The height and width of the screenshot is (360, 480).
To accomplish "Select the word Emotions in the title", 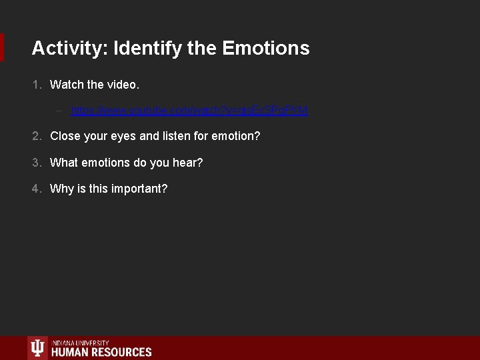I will (x=266, y=49).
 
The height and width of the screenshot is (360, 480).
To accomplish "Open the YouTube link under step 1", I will (x=189, y=110).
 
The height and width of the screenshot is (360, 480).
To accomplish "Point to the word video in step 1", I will (x=123, y=85).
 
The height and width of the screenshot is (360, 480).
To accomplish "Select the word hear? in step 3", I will (x=188, y=163).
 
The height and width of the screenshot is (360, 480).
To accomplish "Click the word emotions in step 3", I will (x=109, y=163).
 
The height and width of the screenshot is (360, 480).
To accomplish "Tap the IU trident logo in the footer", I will (x=37, y=348).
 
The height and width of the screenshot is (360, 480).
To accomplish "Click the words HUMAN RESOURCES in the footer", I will (x=101, y=352).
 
